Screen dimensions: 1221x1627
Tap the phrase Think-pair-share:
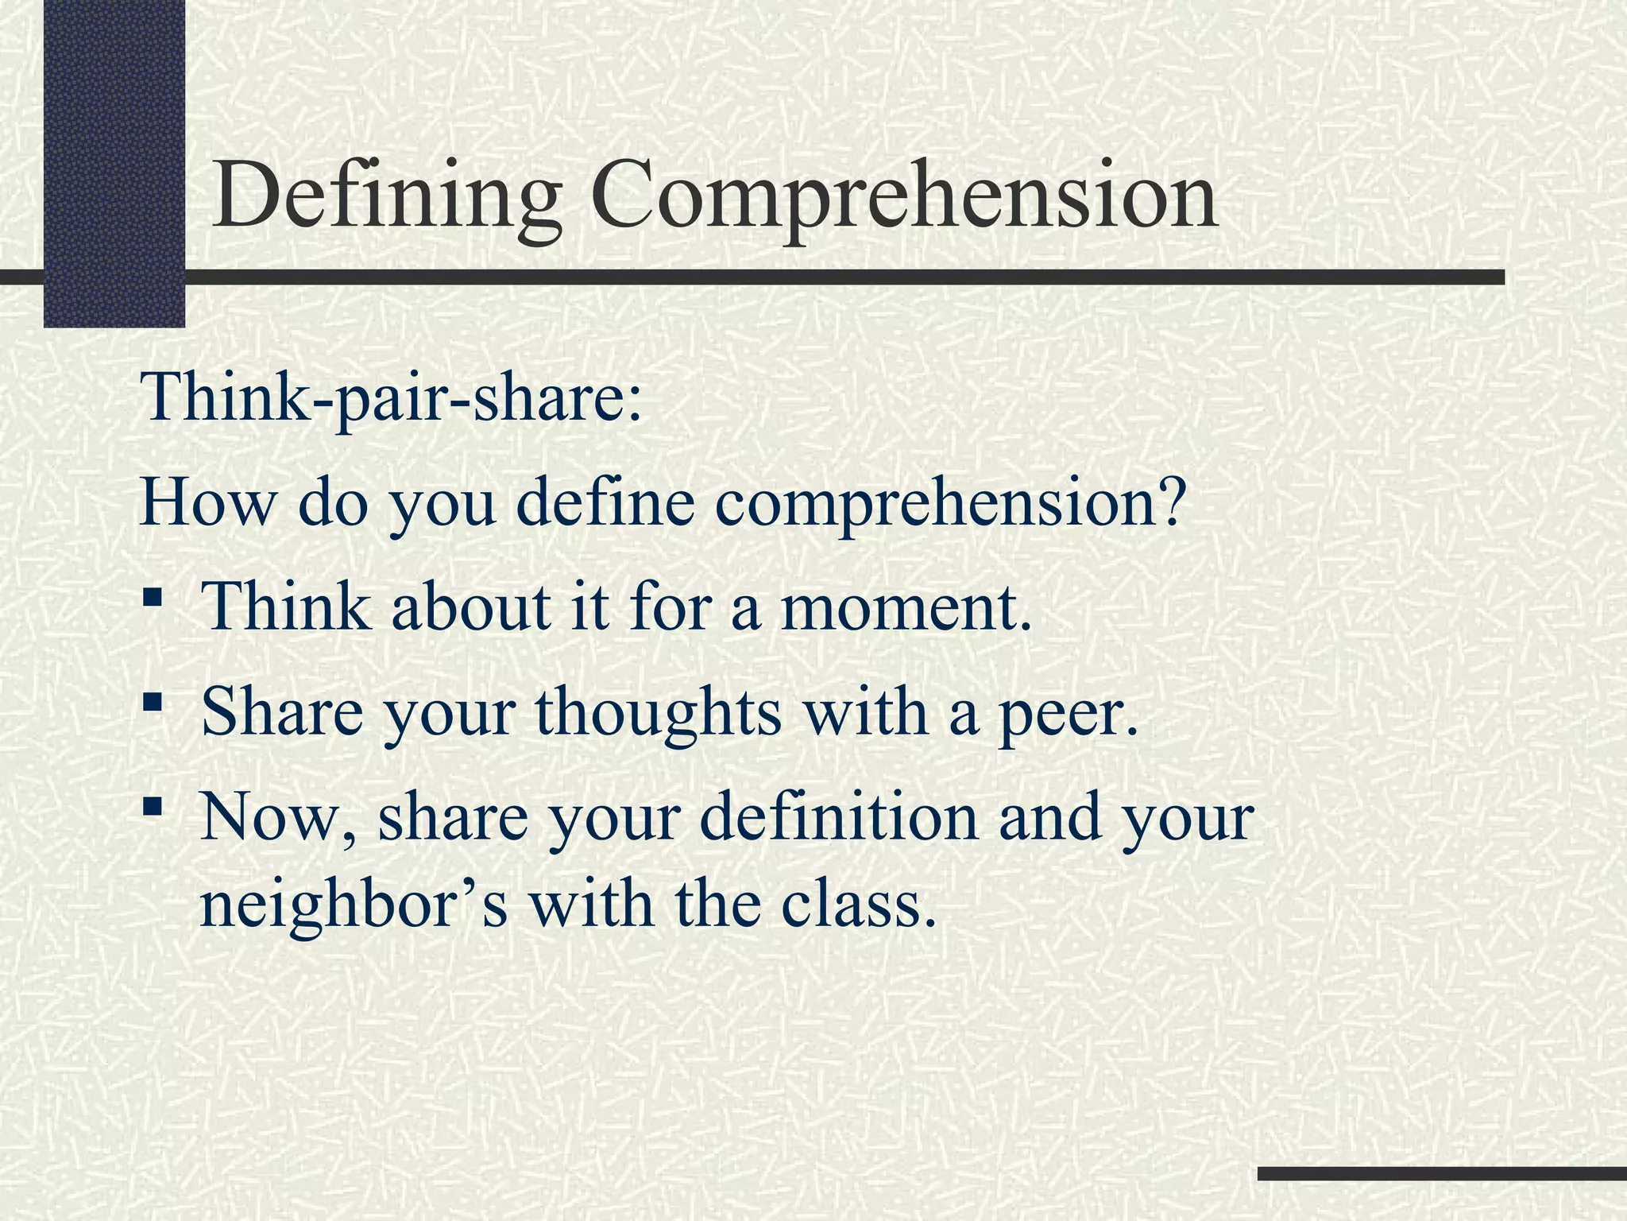coord(390,397)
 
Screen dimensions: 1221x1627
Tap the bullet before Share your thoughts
coord(153,701)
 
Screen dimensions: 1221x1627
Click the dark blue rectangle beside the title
coord(114,163)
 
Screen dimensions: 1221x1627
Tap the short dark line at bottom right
coord(1442,1173)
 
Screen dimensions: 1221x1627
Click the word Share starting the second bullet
coord(282,711)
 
